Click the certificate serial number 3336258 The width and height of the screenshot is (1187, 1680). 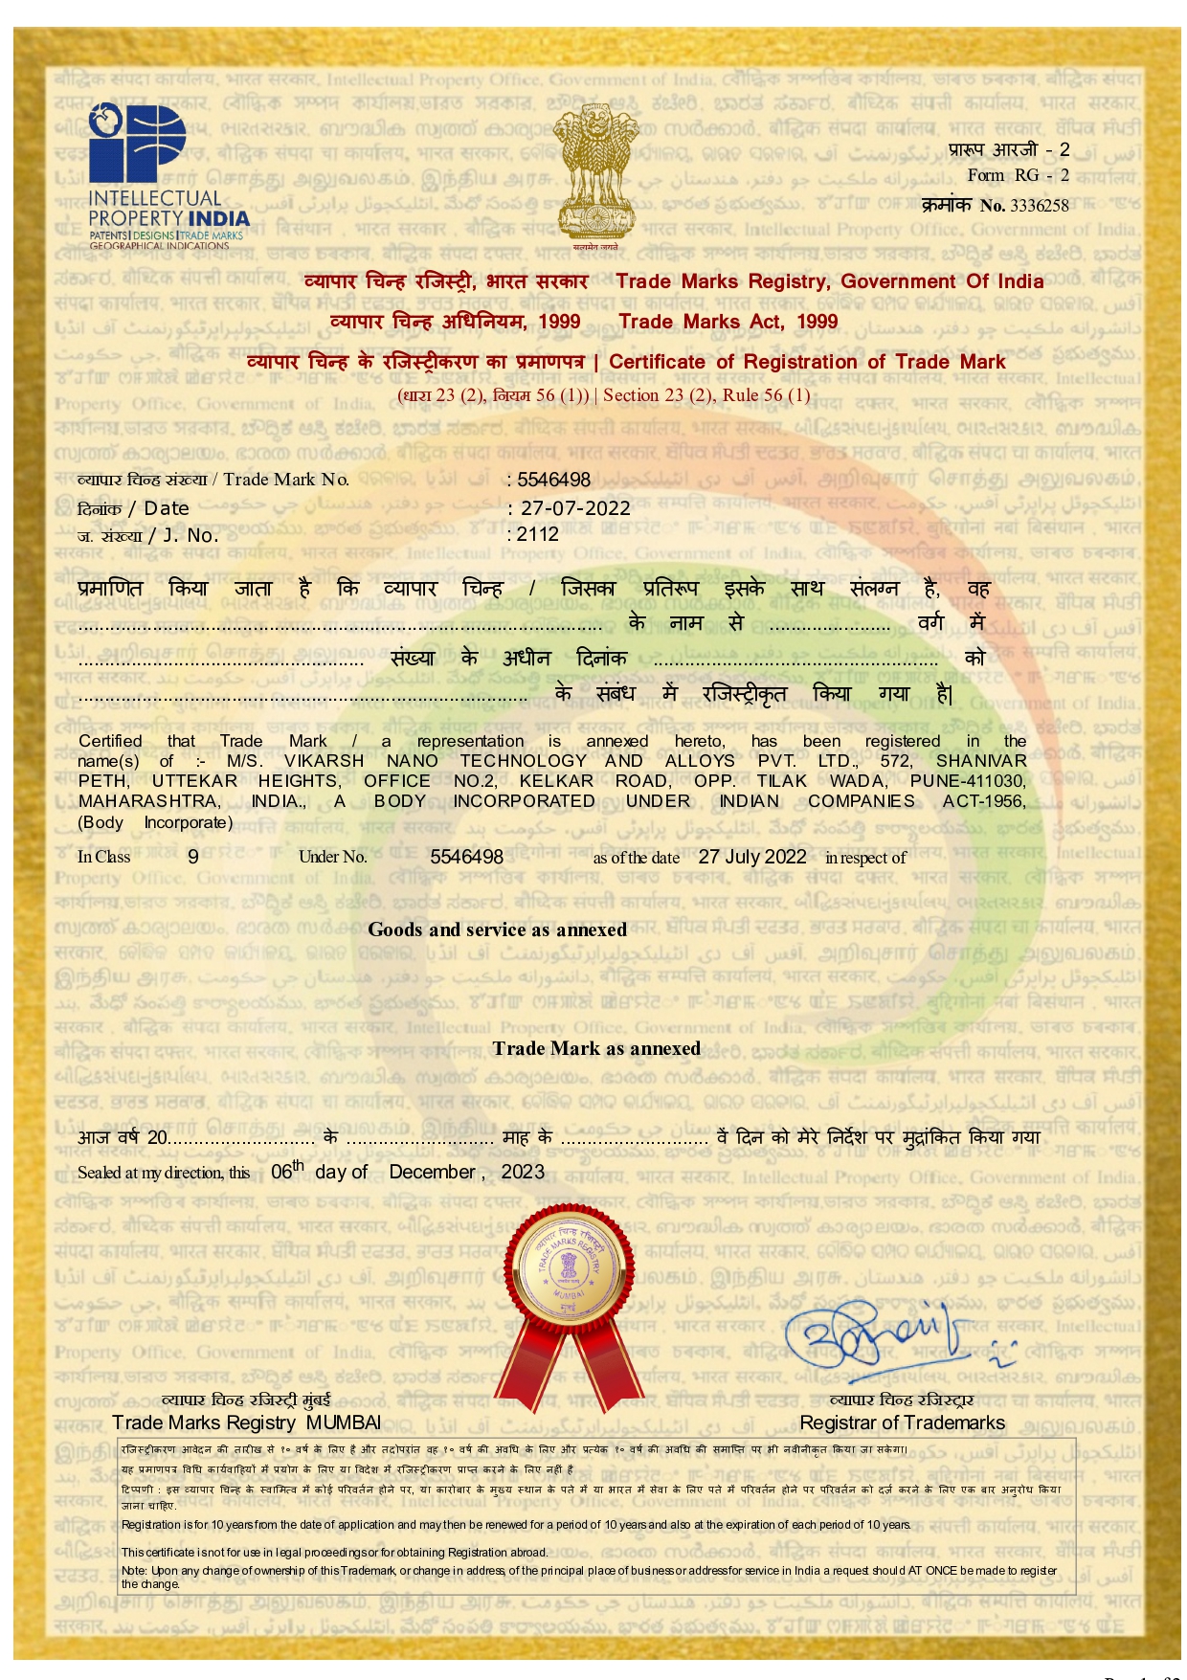pos(1039,206)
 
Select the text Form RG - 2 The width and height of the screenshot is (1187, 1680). pos(1018,175)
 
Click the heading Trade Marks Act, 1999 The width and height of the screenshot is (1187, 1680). pos(728,322)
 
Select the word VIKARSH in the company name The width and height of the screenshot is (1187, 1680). pos(324,761)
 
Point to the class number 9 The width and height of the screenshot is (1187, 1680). pos(193,857)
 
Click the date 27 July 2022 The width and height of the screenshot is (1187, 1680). pos(751,857)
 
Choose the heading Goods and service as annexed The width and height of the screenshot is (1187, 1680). pos(497,930)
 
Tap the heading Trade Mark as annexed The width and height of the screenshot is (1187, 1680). pos(596,1048)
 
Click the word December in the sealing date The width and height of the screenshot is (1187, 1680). pos(432,1172)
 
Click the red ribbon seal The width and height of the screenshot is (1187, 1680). pos(570,1292)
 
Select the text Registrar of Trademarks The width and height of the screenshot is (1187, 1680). pos(902,1422)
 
